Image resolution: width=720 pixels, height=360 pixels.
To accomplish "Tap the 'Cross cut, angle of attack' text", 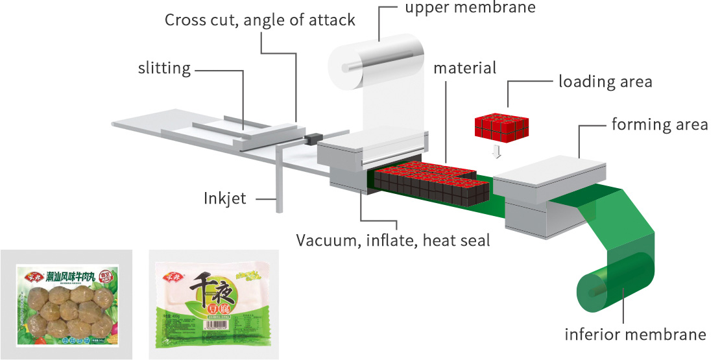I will tap(259, 20).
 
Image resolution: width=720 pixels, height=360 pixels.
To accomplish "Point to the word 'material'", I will tap(465, 68).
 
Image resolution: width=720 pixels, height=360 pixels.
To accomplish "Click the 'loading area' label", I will tap(605, 82).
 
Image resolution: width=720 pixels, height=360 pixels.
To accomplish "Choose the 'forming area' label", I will tap(659, 124).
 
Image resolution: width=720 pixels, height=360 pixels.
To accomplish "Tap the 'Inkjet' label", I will tap(225, 198).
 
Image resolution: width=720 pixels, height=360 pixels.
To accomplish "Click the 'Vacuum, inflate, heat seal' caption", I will tap(392, 241).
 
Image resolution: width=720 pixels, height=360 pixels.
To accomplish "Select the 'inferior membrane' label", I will tap(634, 335).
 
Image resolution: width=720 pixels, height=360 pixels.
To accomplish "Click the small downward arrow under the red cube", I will tap(496, 152).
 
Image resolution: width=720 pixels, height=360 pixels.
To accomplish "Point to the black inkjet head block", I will tap(314, 139).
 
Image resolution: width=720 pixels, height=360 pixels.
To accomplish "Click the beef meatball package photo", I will tap(66, 302).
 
